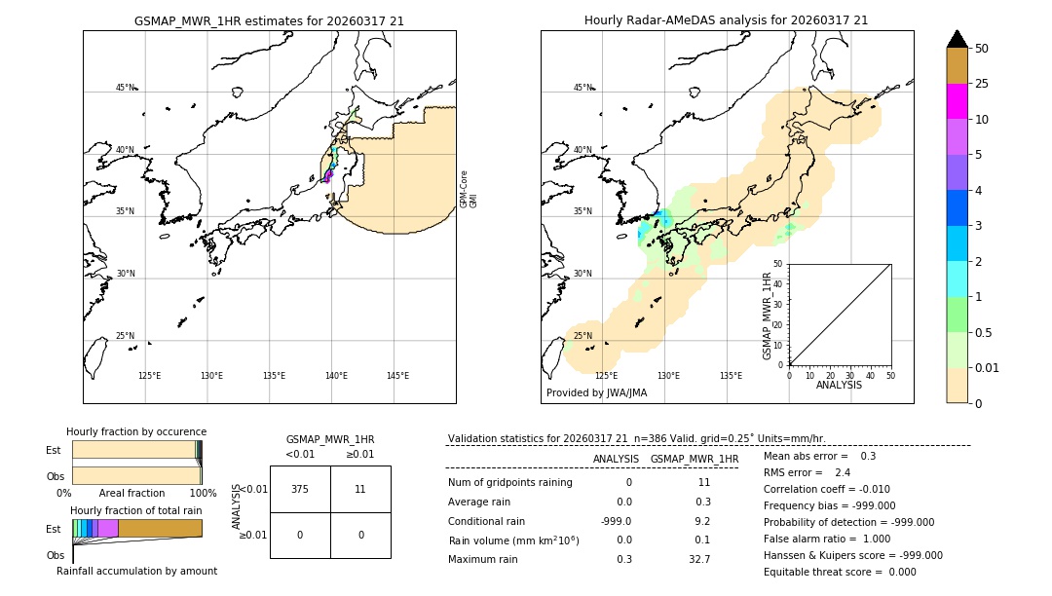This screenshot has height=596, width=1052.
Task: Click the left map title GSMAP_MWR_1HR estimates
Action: [x=269, y=19]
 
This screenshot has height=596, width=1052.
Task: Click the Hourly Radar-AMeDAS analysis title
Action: [x=726, y=19]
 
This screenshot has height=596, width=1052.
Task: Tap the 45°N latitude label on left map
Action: [x=125, y=88]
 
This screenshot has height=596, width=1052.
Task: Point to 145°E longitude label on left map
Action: [x=397, y=376]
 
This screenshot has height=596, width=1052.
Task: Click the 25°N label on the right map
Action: [x=582, y=336]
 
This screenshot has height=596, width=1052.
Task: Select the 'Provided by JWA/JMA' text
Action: [x=596, y=392]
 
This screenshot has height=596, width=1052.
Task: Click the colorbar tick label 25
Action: [x=983, y=85]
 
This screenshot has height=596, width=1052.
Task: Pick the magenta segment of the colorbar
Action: [x=957, y=101]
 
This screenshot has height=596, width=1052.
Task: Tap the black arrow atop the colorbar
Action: [x=957, y=39]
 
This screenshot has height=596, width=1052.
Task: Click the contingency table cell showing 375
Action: [x=300, y=489]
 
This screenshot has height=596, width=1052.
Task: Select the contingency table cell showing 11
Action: [x=360, y=489]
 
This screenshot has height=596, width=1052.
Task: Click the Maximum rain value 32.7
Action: [x=698, y=559]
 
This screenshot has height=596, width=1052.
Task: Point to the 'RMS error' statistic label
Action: [x=793, y=472]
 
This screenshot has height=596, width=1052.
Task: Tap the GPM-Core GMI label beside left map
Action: [x=469, y=188]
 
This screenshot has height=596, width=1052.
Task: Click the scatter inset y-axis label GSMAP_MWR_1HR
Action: [x=768, y=317]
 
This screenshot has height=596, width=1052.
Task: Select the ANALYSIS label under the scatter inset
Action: [x=839, y=386]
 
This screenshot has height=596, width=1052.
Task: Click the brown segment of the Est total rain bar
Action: [x=160, y=528]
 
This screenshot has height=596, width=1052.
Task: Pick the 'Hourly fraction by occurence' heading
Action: [x=136, y=431]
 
